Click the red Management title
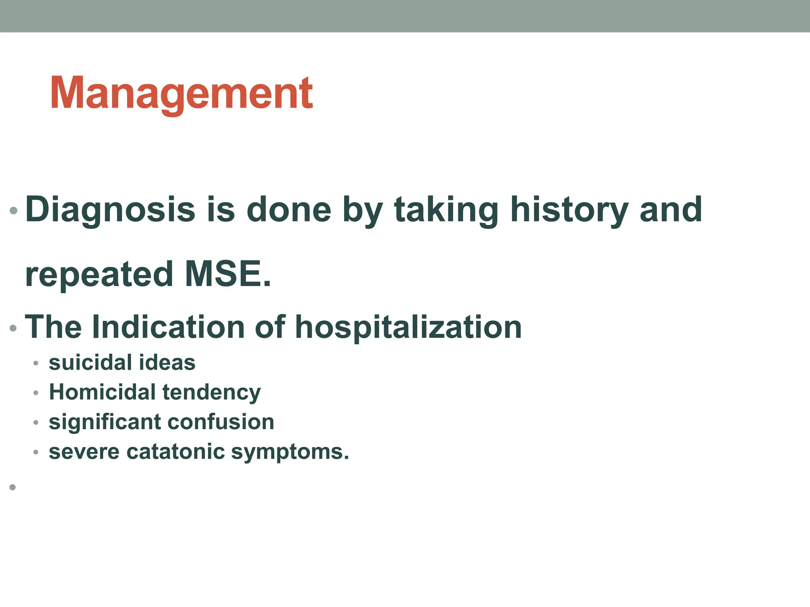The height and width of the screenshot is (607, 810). pyautogui.click(x=181, y=93)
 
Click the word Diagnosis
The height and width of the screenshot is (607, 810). pyautogui.click(x=110, y=210)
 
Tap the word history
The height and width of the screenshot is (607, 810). pyautogui.click(x=569, y=210)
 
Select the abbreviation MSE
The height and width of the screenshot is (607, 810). pyautogui.click(x=227, y=274)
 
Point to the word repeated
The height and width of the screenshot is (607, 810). pyautogui.click(x=99, y=275)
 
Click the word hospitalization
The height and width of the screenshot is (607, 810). pyautogui.click(x=408, y=327)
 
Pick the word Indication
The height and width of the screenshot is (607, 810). pyautogui.click(x=168, y=327)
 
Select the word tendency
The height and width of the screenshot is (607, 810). pyautogui.click(x=212, y=393)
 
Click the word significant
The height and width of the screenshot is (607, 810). pyautogui.click(x=104, y=422)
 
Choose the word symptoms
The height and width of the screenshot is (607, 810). pyautogui.click(x=290, y=452)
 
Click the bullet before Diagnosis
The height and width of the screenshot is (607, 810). pyautogui.click(x=13, y=211)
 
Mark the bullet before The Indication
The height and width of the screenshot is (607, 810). pyautogui.click(x=13, y=328)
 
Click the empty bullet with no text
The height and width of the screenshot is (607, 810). pyautogui.click(x=13, y=487)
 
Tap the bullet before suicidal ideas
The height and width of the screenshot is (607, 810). pyautogui.click(x=36, y=363)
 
